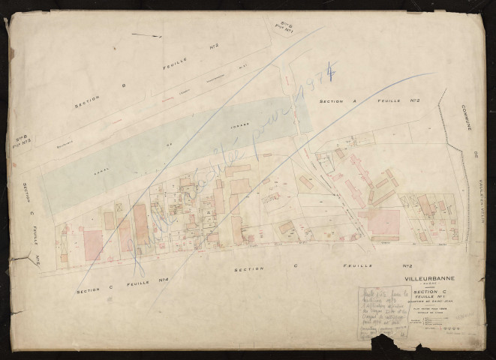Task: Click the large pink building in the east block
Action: click(x=383, y=222)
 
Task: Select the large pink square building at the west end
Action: click(x=93, y=244)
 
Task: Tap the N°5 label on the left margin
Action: click(x=35, y=259)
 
